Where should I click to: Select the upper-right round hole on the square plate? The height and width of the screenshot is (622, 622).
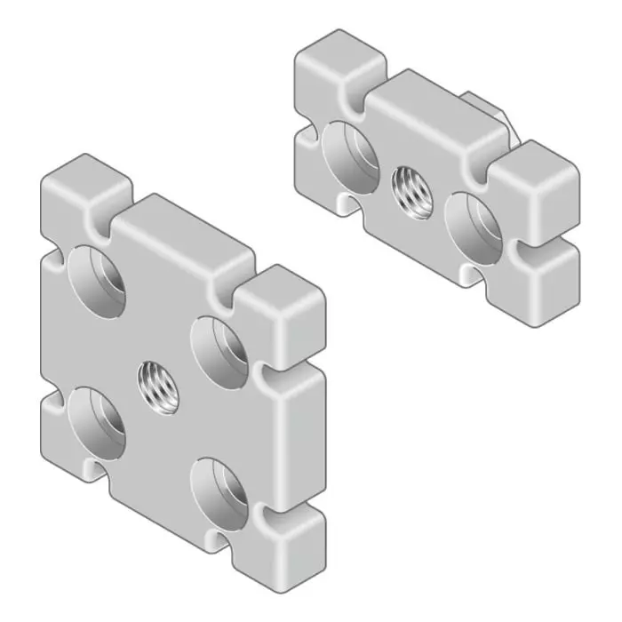click(219, 351)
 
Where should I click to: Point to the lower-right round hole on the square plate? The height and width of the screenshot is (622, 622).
click(220, 494)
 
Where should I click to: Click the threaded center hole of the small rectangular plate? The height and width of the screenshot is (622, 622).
click(411, 192)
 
